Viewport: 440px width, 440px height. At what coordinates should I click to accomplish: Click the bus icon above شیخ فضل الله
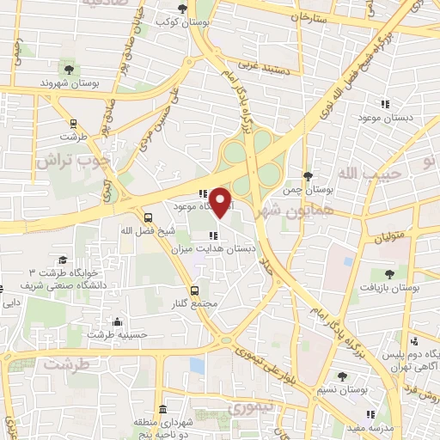[x=149, y=217]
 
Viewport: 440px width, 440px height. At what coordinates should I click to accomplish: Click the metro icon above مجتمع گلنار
[x=195, y=291]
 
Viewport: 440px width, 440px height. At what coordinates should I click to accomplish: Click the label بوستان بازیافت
[x=391, y=289]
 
